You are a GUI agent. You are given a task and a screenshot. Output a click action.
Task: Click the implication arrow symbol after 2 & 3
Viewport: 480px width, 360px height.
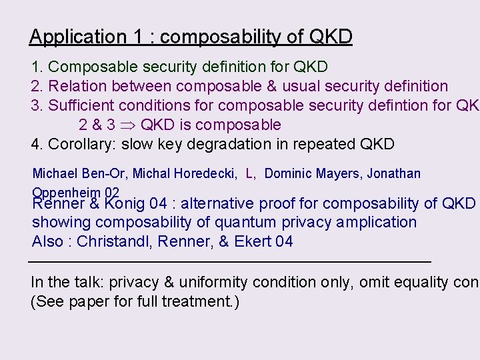coord(129,125)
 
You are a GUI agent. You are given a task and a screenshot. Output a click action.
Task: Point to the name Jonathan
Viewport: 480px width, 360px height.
coord(393,174)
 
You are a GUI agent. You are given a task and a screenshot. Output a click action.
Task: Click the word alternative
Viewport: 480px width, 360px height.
coord(221,203)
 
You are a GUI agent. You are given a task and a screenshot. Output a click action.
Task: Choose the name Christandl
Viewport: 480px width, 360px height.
coord(113,241)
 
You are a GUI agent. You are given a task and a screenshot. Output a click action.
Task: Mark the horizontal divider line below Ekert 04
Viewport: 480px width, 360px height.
coord(230,261)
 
